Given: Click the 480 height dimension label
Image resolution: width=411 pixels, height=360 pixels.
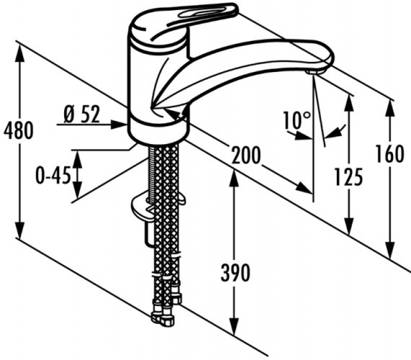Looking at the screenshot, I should [x=19, y=130].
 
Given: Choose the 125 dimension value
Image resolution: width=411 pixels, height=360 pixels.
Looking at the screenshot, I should [x=347, y=177].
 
